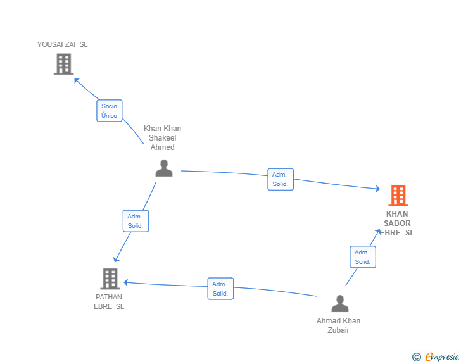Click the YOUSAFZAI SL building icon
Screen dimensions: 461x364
click(63, 64)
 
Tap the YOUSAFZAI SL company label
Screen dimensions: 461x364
click(62, 44)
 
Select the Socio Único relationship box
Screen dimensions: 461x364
click(110, 111)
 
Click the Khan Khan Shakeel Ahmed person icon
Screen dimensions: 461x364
click(164, 168)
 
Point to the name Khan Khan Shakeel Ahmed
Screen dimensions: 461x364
click(162, 137)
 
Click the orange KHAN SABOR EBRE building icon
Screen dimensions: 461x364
click(398, 195)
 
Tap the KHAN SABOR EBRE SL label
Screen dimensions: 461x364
click(397, 223)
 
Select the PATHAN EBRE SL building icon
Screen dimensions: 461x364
click(110, 279)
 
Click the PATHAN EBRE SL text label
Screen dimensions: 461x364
click(109, 302)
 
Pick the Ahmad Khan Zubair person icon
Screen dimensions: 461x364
click(340, 303)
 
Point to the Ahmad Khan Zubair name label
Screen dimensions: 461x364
click(338, 325)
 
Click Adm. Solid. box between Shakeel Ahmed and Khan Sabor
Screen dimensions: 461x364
click(281, 179)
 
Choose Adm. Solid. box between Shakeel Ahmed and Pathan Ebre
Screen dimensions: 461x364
click(136, 221)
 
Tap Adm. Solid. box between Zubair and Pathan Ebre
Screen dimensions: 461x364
click(220, 289)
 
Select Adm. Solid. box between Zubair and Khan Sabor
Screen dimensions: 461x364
click(363, 257)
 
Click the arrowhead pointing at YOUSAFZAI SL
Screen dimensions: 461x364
click(77, 80)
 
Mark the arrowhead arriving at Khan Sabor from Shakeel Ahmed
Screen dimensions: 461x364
click(378, 189)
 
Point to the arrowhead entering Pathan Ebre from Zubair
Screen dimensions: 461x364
click(126, 282)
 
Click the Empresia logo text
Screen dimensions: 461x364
click(442, 356)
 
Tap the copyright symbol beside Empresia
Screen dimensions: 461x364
click(417, 357)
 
